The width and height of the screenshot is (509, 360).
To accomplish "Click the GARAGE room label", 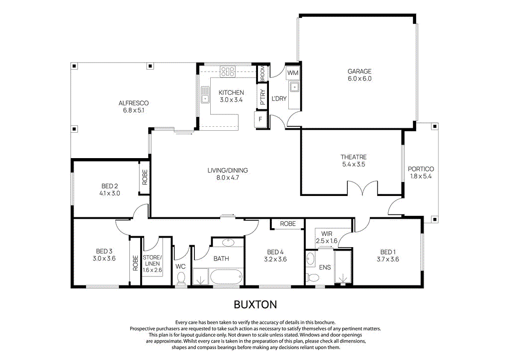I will click(x=359, y=72).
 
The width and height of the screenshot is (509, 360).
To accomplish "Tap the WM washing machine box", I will click(x=293, y=73).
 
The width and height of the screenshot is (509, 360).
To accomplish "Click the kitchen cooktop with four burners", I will click(x=228, y=71).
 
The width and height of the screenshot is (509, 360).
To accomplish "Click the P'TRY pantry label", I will click(x=262, y=97).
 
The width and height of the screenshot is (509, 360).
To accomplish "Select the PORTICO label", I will click(x=421, y=169).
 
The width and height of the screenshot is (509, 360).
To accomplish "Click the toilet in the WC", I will click(x=181, y=277).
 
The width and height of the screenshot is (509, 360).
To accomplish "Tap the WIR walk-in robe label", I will click(x=327, y=233).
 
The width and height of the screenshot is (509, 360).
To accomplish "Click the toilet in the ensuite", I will click(x=312, y=277).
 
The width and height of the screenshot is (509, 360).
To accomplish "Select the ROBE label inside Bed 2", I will click(x=145, y=178).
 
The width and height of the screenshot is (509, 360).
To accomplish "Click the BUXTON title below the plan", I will click(x=255, y=304).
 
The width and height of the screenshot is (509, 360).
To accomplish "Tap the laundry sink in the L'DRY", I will click(x=294, y=89).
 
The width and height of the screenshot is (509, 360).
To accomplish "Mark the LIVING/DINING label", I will click(x=227, y=171).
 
